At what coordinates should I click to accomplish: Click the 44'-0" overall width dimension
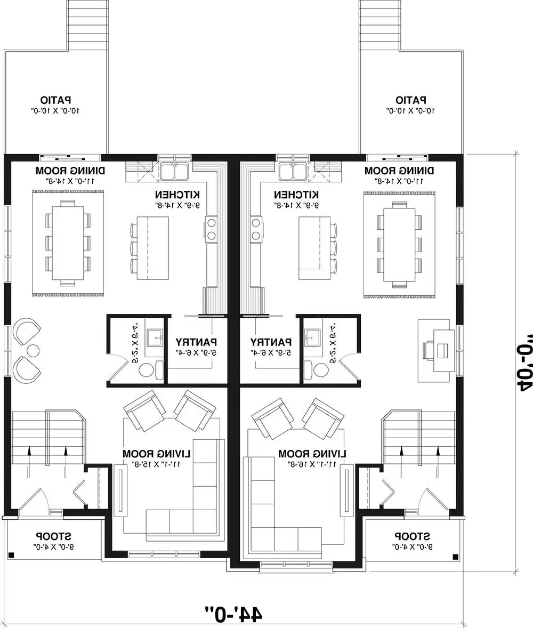point(233,613)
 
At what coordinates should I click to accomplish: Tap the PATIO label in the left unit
point(56,100)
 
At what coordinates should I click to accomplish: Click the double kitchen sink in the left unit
point(174,172)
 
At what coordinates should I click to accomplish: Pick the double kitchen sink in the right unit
point(292,172)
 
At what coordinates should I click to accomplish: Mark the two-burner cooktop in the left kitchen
point(212,229)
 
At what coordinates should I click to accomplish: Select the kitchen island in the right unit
point(310,248)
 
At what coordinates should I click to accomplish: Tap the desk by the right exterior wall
point(442,350)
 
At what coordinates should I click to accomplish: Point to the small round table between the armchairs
point(33,351)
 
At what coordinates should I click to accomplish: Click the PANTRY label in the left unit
point(196,341)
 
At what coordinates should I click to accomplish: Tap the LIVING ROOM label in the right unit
point(312,454)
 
